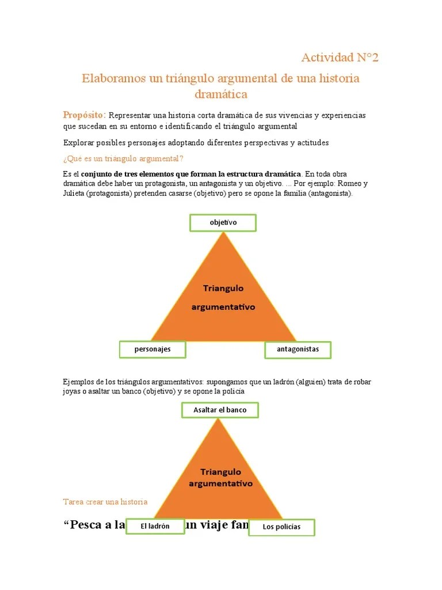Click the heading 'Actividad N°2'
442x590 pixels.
340,58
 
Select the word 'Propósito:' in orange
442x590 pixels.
84,115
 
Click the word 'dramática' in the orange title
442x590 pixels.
221,93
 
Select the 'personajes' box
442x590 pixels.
153,349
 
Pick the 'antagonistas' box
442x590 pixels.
298,349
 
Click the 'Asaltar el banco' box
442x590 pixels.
220,410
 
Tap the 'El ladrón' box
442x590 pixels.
155,526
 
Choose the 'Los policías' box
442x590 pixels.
281,527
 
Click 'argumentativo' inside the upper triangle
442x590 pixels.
223,307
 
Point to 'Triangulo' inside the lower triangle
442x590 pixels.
221,472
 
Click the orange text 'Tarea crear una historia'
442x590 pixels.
105,502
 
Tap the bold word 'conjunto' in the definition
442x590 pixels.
98,174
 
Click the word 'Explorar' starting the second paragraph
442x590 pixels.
77,142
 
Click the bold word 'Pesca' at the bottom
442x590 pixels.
86,525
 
